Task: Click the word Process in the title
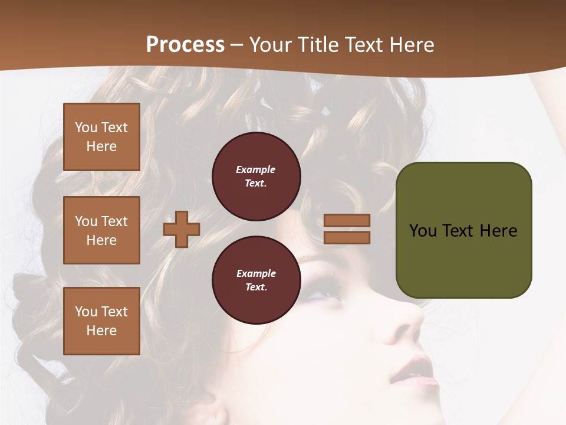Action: [185, 45]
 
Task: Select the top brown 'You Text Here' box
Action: [101, 137]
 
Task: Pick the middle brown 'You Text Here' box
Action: [101, 230]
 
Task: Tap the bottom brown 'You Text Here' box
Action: [101, 321]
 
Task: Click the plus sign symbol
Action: [182, 229]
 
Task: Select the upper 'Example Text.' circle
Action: [256, 176]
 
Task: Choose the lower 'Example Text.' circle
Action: [256, 280]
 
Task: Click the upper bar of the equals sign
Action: [347, 220]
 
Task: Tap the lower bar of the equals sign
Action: [347, 237]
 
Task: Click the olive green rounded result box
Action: [463, 230]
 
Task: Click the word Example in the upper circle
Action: [255, 169]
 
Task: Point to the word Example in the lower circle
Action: [256, 273]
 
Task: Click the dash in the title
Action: [237, 45]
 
